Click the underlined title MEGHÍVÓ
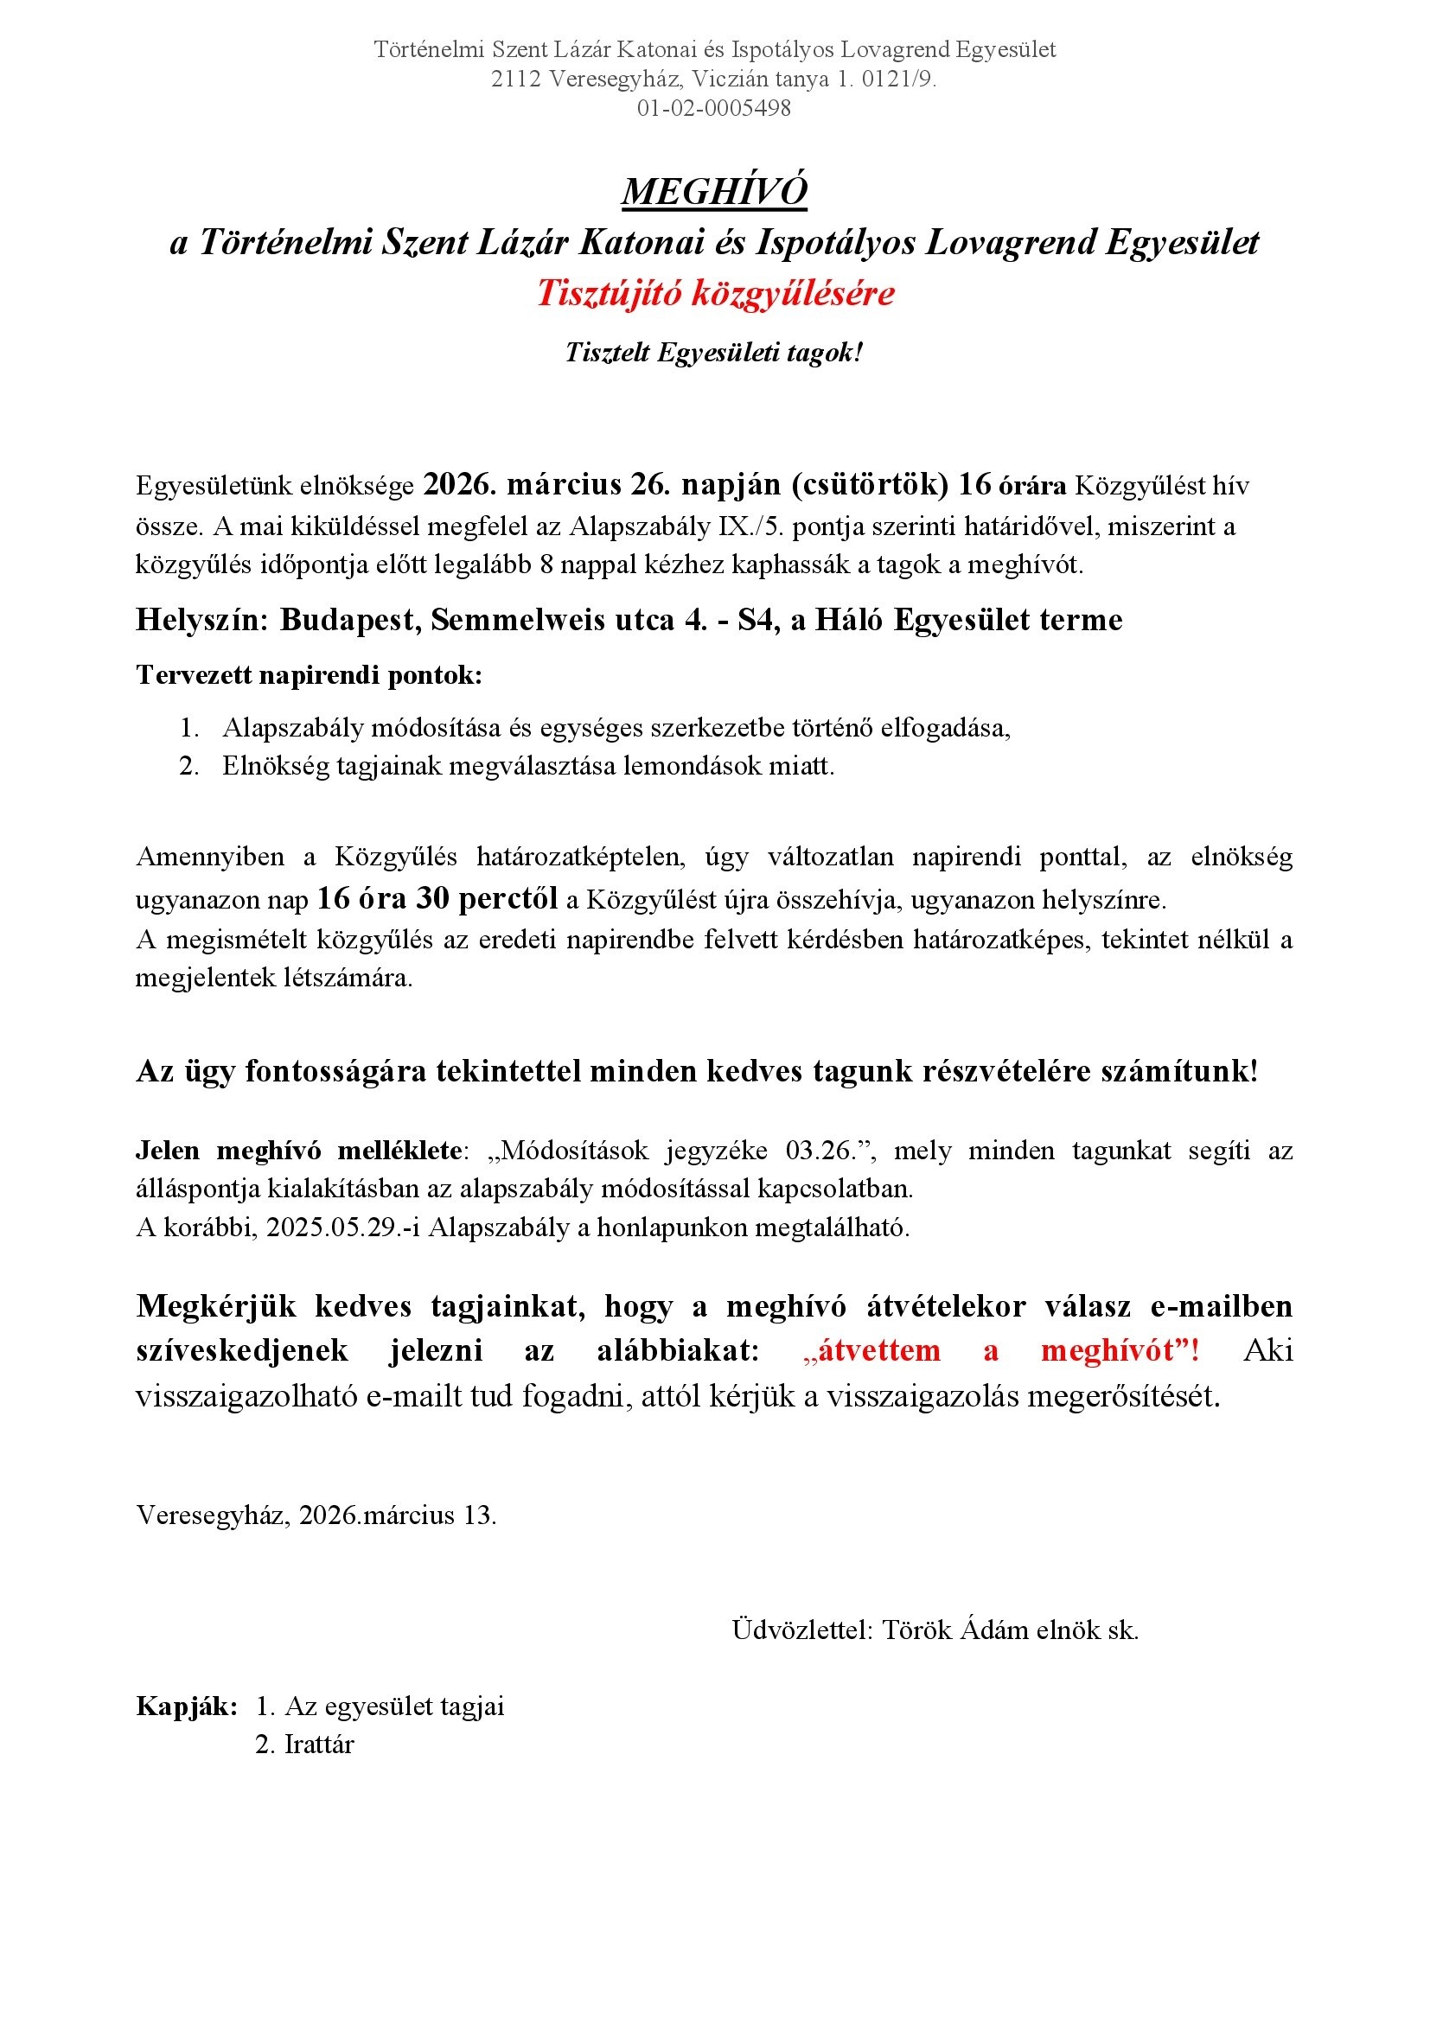(714, 191)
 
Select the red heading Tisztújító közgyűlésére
(715, 293)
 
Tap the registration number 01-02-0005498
(714, 108)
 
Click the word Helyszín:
(201, 620)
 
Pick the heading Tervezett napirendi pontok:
(309, 674)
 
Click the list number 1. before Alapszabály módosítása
(189, 727)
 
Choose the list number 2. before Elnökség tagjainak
(189, 766)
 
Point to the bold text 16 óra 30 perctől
(437, 898)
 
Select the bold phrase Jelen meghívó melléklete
(298, 1150)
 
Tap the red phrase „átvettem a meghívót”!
(1001, 1350)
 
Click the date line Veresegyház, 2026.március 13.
(316, 1515)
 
